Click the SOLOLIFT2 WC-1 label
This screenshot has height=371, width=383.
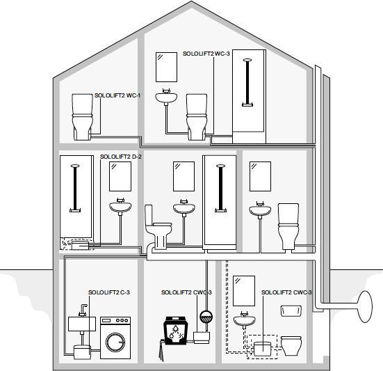pos(117,95)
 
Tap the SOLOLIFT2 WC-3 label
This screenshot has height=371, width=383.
pos(206,54)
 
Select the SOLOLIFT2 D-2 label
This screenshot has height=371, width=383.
pos(121,157)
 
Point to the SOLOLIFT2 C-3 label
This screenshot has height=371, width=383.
pos(109,292)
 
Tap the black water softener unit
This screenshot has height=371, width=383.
pos(174,331)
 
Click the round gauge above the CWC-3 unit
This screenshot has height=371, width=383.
pos(206,317)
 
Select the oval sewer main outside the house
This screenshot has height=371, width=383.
pos(365,306)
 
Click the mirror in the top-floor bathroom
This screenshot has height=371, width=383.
pos(166,67)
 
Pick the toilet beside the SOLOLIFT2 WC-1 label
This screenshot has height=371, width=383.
pos(82,117)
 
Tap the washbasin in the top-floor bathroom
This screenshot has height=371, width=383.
pos(166,97)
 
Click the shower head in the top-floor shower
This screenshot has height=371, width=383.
pos(247,60)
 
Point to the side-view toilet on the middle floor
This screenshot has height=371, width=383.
pos(158,227)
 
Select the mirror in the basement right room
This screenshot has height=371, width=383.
pos(244,291)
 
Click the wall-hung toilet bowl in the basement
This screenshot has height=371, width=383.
pos(291,346)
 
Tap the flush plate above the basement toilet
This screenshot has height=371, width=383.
pos(291,311)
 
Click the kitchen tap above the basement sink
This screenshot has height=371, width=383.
pos(83,310)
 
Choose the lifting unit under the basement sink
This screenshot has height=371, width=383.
pos(82,352)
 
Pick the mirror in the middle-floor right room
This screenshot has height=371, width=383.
pos(260,176)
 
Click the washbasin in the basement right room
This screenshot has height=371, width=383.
pos(245,320)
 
